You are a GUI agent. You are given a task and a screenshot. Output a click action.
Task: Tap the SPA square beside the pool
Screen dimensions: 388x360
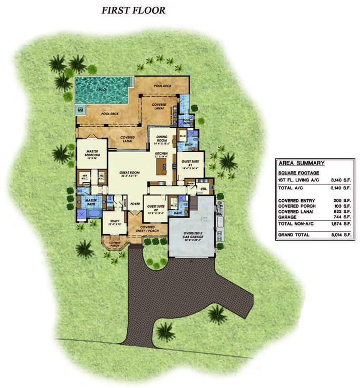[81, 110]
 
